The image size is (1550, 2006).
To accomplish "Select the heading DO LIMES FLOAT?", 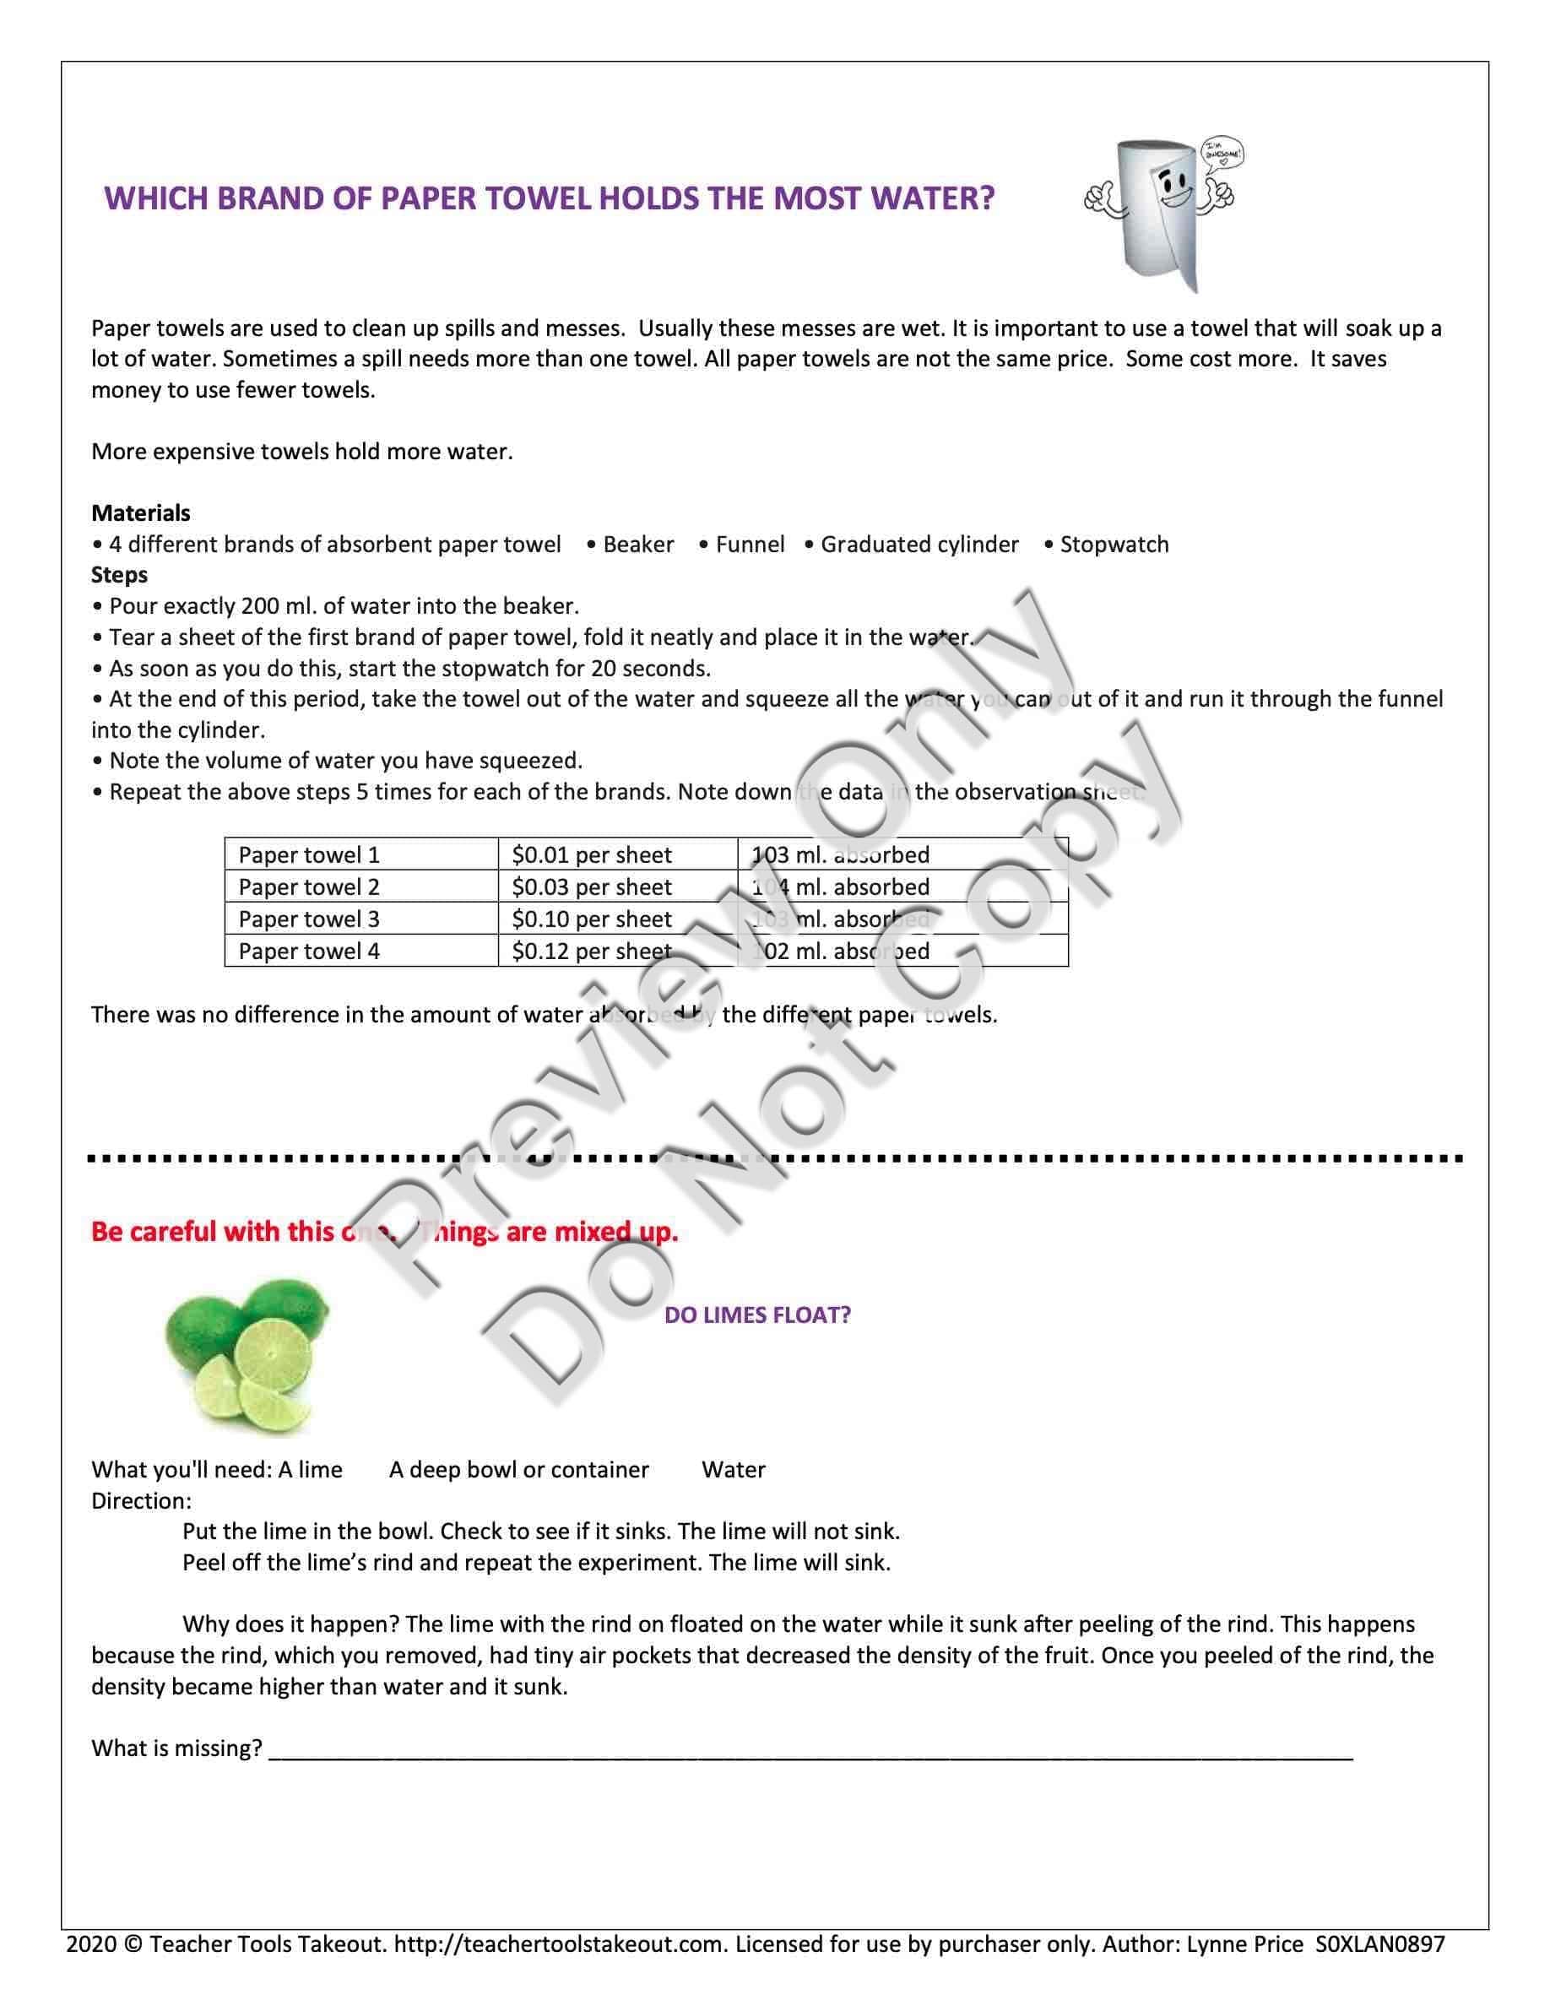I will point(756,1315).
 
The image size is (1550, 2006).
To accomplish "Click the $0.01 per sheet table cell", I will point(591,855).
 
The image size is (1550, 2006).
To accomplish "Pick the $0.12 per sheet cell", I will point(591,951).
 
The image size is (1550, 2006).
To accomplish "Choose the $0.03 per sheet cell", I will point(591,887).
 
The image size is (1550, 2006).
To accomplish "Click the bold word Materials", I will point(140,512).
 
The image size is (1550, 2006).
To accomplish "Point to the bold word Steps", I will point(119,574).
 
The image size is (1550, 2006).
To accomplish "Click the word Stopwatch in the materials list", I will point(1114,545).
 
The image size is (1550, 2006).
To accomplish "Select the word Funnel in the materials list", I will point(750,545).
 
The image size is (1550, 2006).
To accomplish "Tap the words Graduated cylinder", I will point(919,545).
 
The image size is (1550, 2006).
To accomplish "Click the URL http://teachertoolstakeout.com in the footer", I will point(560,1944).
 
